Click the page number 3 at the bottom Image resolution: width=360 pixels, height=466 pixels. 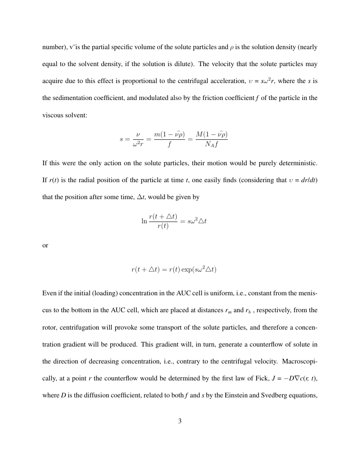click(x=180, y=421)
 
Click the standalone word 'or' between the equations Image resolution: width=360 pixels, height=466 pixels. click(x=45, y=246)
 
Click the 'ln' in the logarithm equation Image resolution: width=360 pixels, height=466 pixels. click(x=144, y=221)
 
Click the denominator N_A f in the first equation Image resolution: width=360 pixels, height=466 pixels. click(x=212, y=144)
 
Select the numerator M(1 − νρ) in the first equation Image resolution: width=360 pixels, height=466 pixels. click(x=212, y=135)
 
